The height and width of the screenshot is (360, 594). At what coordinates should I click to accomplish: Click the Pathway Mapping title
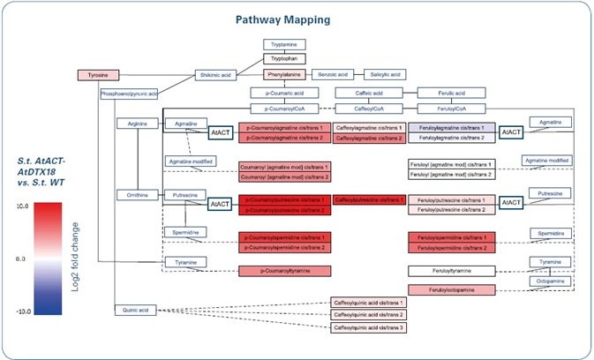tap(297, 19)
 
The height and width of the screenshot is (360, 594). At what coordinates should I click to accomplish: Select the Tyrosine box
tap(97, 76)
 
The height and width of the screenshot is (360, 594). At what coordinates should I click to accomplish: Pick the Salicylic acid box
tap(384, 76)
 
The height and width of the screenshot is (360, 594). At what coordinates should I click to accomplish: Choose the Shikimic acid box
tap(216, 76)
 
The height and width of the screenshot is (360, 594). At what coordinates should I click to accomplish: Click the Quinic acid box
tap(135, 310)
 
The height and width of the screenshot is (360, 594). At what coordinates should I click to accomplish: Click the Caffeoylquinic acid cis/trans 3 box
tap(367, 327)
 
